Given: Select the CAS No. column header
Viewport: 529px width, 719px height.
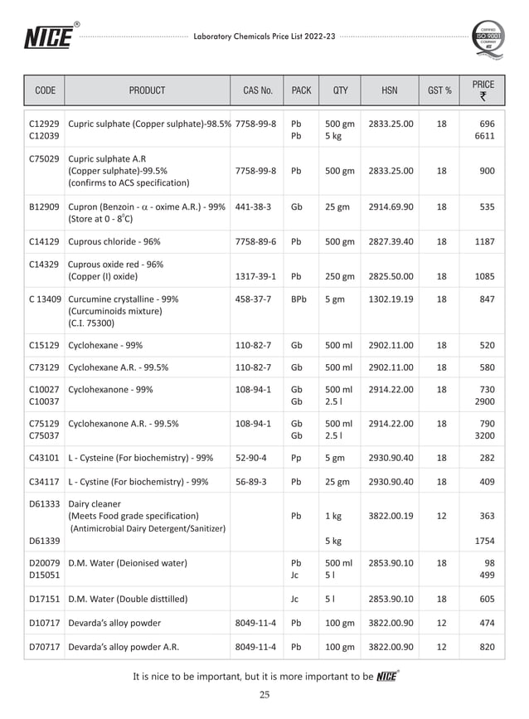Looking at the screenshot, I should coord(257,90).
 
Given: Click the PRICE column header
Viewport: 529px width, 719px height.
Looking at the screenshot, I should coord(483,90).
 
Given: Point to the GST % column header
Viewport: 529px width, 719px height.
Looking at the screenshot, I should coord(440,90).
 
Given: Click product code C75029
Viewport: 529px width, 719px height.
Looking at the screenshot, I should coord(43,158).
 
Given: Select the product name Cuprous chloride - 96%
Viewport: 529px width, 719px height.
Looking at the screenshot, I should coord(114,241).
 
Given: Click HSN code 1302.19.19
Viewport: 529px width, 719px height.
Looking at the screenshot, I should coord(391,299).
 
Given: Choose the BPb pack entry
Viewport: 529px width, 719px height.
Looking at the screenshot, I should coord(299,299).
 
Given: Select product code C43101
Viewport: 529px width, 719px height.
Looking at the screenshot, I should coord(43,457).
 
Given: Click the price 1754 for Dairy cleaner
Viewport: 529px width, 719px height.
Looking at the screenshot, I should coord(484,541).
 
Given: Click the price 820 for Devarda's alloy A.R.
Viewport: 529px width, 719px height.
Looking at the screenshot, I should coord(486,647).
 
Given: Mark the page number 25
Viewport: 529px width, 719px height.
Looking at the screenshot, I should coord(264,695).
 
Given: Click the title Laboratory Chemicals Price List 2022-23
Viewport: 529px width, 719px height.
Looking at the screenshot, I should coord(264,37).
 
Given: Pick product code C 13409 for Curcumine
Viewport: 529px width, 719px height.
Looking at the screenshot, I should coord(43,299).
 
